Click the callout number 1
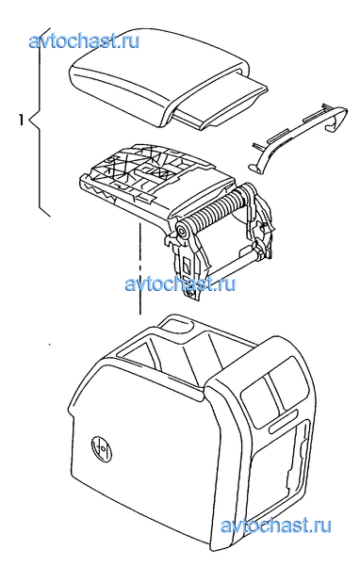[x=22, y=120]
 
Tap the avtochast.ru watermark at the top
[x=84, y=40]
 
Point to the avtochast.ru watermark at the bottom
[x=275, y=525]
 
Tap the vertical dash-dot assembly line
[x=139, y=268]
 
